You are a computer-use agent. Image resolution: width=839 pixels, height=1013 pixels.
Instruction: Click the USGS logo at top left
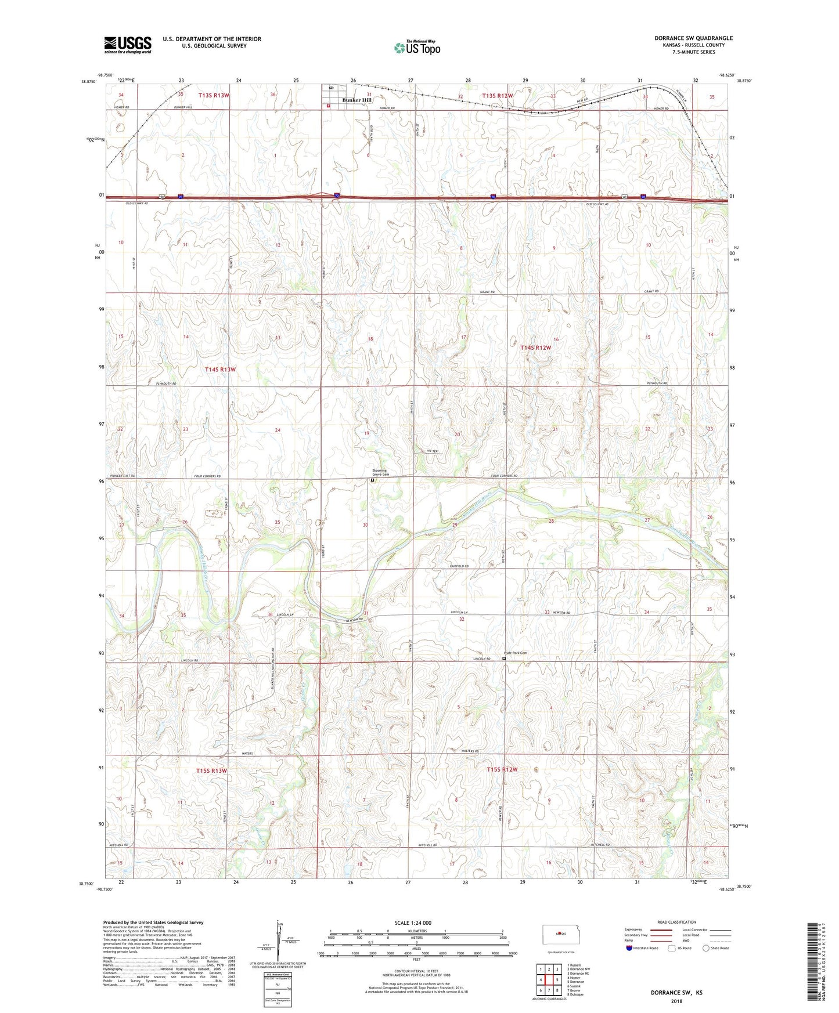[x=128, y=45]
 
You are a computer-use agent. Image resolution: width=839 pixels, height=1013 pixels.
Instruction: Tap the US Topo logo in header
[x=416, y=48]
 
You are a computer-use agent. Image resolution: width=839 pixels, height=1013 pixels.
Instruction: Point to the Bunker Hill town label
[x=357, y=100]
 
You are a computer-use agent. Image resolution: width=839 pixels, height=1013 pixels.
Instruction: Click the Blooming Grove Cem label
[x=380, y=473]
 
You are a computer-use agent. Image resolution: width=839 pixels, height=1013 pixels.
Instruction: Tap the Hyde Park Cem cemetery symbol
[x=504, y=659]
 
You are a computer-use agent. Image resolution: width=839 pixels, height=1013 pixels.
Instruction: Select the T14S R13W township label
[x=220, y=370]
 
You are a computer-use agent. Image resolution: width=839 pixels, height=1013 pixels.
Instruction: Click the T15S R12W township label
[x=502, y=769]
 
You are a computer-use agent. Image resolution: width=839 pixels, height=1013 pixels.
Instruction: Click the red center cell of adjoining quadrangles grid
[x=549, y=980]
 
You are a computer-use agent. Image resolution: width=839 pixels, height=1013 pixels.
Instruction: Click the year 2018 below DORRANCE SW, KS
[x=676, y=1001]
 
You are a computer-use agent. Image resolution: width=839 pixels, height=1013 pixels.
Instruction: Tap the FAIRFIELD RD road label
[x=459, y=566]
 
